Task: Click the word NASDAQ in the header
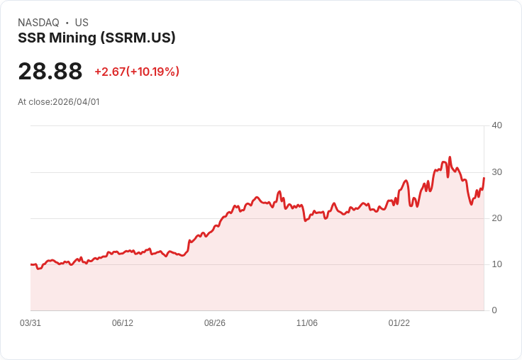(38, 23)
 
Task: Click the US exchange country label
(82, 23)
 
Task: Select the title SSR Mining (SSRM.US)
(96, 38)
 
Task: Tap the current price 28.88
(50, 72)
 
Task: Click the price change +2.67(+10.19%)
(137, 72)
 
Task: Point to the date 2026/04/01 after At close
(77, 102)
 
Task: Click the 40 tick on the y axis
(496, 125)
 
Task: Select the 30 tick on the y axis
(496, 172)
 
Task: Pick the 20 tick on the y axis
(496, 218)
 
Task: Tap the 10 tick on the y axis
(496, 264)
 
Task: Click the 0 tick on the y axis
(494, 310)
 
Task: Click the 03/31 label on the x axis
(30, 323)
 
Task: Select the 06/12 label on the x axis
(123, 323)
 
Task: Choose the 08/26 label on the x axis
(215, 323)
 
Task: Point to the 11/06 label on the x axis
(307, 323)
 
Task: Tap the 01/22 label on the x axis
(399, 323)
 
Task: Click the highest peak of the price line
(450, 157)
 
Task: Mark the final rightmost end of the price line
(484, 178)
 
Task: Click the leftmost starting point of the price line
(31, 264)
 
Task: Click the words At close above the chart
(34, 102)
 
